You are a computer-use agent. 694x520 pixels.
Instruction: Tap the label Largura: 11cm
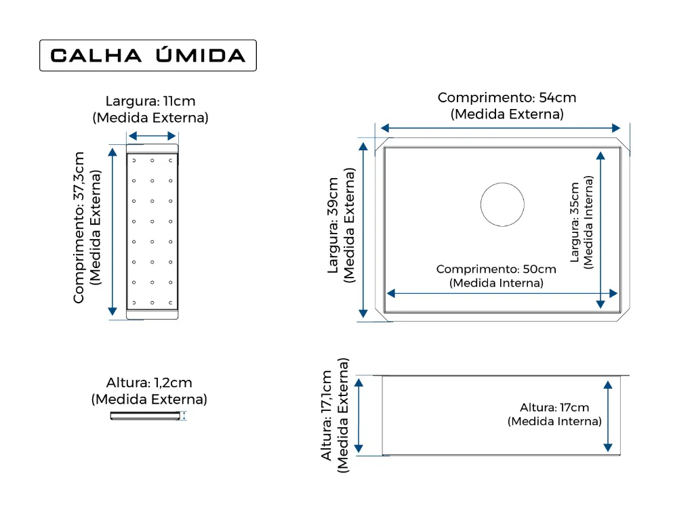(x=150, y=102)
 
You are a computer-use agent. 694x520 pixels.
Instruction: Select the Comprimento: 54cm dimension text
(x=507, y=97)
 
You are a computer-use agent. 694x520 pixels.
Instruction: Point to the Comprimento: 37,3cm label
(x=79, y=227)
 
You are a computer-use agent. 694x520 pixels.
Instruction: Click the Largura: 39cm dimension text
(x=333, y=225)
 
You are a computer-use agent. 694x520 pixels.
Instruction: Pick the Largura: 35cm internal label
(x=575, y=222)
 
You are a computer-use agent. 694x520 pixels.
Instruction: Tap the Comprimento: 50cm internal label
(x=496, y=269)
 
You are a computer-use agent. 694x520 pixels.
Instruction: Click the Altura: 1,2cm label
(x=149, y=383)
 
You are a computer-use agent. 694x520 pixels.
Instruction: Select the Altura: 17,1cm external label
(x=327, y=416)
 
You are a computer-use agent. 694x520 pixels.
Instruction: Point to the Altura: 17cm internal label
(x=554, y=408)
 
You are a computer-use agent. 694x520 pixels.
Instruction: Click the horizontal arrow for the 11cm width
(x=152, y=135)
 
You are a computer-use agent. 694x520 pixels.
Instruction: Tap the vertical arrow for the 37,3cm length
(x=113, y=232)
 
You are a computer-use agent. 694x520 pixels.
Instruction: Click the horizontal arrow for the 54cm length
(x=501, y=128)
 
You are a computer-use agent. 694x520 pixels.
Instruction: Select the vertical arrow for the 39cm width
(x=363, y=230)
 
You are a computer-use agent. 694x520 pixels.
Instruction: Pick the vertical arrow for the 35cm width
(x=600, y=230)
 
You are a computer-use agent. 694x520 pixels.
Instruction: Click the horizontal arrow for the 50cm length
(x=502, y=293)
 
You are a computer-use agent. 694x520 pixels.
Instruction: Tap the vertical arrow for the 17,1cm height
(x=359, y=416)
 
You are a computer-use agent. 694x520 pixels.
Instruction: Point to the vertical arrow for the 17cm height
(x=608, y=416)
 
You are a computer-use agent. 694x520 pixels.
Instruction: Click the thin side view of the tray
(x=145, y=416)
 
